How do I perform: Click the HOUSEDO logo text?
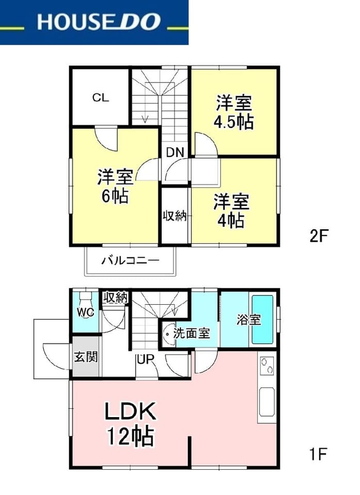[x=99, y=22]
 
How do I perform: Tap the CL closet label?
[x=101, y=97]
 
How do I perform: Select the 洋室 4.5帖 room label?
[x=234, y=112]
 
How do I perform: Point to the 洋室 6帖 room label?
[x=115, y=186]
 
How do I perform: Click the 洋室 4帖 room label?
[x=232, y=211]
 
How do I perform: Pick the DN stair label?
[x=175, y=153]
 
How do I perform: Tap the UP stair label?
[x=145, y=359]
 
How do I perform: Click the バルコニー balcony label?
[x=130, y=261]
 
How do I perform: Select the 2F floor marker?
[x=319, y=236]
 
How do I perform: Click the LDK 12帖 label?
[x=130, y=423]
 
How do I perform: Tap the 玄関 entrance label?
[x=86, y=357]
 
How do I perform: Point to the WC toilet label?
[x=86, y=312]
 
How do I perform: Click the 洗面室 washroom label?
[x=191, y=333]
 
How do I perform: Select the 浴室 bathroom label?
[x=249, y=320]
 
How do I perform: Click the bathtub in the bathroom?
[x=262, y=319]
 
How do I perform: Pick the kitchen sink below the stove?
[x=267, y=402]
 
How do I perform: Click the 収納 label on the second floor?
[x=174, y=216]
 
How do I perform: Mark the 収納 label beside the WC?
[x=116, y=298]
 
